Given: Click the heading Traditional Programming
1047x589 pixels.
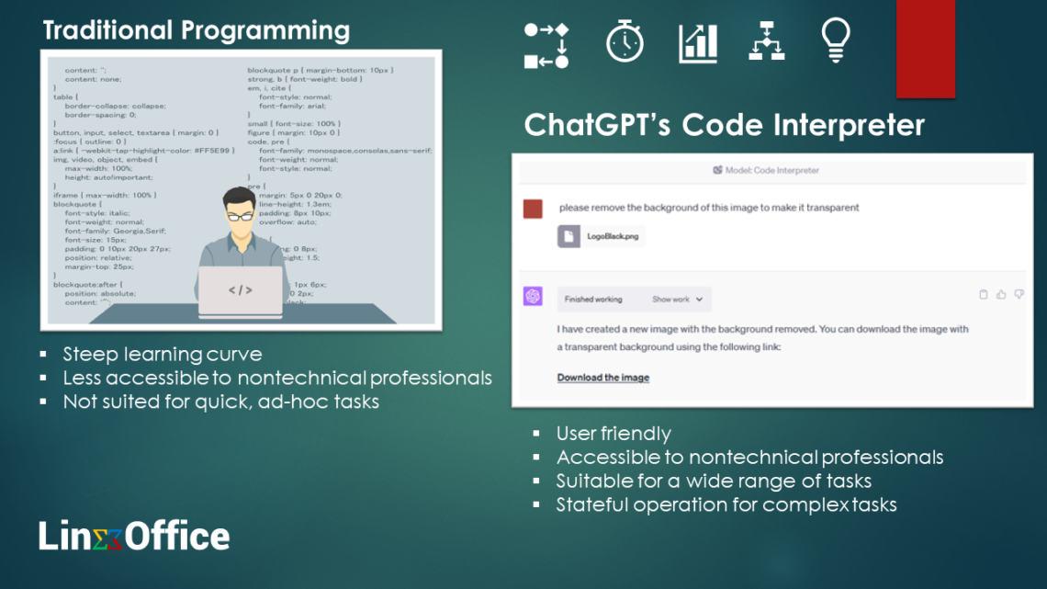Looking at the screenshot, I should pos(196,30).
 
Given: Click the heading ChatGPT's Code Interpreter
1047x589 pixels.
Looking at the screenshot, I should pos(724,125).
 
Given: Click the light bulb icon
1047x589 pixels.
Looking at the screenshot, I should pos(835,41).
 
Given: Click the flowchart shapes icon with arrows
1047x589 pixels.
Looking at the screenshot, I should pos(546,45).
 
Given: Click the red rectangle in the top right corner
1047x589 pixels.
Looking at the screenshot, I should pos(925,48).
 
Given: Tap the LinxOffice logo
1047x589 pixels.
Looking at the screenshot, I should pos(134,536).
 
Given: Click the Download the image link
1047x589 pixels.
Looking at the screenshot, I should pos(602,378).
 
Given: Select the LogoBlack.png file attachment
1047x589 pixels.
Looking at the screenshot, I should pos(602,236).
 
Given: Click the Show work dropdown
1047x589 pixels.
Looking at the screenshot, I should pos(677,300).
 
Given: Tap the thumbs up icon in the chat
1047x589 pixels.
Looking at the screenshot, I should pos(1001,295).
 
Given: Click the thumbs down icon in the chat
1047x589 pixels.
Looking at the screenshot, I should pos(1019,295).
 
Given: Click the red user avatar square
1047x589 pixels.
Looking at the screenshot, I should pos(533,210).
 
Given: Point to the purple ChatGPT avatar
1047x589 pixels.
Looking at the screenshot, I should pos(533,297).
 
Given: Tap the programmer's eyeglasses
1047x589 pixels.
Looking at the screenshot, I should pos(241,218).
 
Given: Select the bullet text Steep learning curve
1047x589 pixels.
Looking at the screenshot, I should pos(162,354).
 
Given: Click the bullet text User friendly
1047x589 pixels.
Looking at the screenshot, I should pos(613,434).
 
